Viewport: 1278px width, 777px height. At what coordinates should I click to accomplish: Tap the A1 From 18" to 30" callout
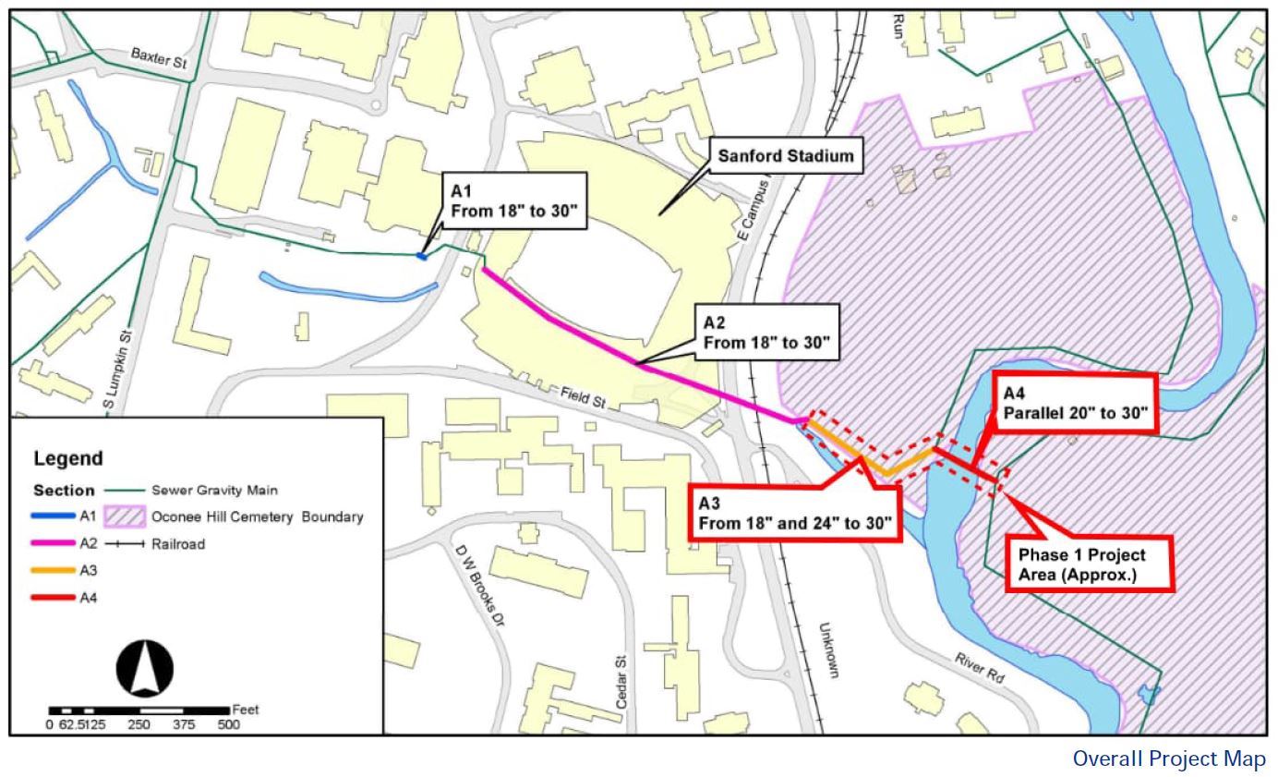(513, 201)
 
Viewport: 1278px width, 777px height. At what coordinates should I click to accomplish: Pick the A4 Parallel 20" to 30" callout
(1075, 403)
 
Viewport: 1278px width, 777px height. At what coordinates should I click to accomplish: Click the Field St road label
(582, 399)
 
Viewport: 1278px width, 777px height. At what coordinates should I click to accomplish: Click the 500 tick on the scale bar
(229, 725)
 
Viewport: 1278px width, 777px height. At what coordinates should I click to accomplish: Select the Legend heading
(68, 458)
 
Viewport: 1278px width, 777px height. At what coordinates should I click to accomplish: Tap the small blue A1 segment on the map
(422, 256)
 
